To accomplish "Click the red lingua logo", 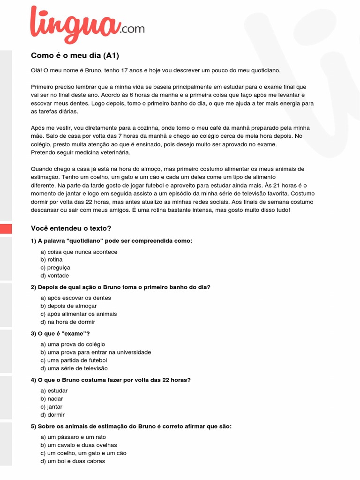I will [x=75, y=24].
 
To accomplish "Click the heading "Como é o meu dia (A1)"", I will [x=75, y=56].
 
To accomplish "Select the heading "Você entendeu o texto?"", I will [x=71, y=228].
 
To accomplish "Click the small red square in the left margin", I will [x=6, y=229].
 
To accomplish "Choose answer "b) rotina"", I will [x=52, y=260].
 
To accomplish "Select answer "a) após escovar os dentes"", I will [x=76, y=298].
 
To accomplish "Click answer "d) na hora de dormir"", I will [x=67, y=322].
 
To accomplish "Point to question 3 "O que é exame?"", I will [x=60, y=333].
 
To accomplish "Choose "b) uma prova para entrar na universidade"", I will [x=96, y=352].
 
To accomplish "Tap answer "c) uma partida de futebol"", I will [x=74, y=360].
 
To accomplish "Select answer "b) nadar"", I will [x=52, y=398].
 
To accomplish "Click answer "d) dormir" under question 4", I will [x=52, y=415].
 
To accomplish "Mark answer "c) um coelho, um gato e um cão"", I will [x=83, y=453].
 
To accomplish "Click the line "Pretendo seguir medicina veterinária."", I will [x=81, y=152].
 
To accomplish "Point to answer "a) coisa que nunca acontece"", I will [x=79, y=252].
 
